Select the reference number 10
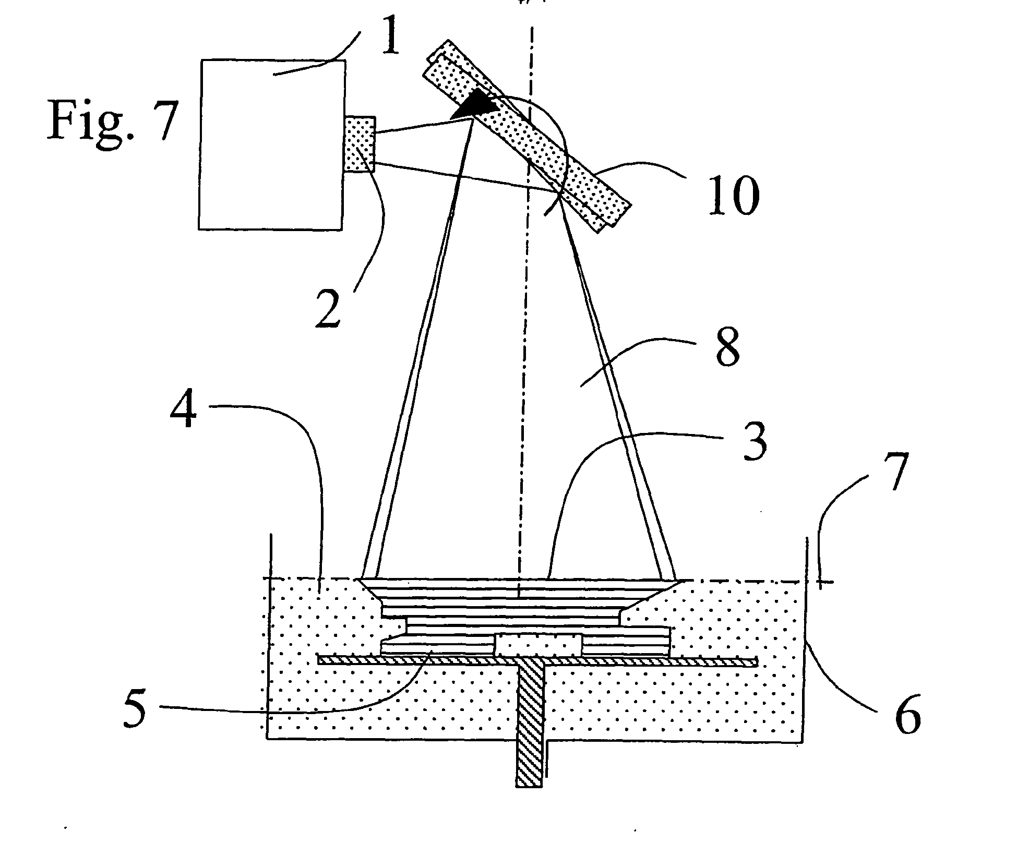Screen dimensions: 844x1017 click(x=733, y=196)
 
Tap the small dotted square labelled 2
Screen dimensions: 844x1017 click(x=360, y=144)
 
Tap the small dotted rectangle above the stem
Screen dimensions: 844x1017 click(x=537, y=645)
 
